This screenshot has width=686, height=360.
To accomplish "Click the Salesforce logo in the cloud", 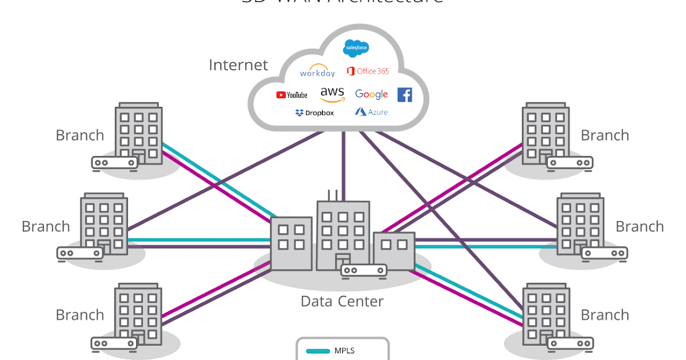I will click(356, 49).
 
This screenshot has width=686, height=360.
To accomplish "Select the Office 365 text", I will click(373, 71).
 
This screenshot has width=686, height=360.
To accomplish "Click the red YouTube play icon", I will click(281, 95).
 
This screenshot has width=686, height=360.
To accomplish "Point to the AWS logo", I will click(332, 94).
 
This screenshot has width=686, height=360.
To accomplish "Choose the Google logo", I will click(371, 94).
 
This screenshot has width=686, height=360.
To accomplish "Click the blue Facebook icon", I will click(405, 94).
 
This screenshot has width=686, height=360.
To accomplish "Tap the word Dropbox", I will click(320, 113).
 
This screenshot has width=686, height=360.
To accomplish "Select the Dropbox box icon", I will click(299, 113).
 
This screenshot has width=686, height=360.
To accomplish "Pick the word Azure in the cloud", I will click(378, 113).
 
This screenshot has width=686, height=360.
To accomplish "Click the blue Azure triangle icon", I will click(360, 112).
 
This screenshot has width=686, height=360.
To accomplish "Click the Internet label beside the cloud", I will click(238, 65).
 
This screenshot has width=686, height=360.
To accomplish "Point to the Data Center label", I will click(342, 301).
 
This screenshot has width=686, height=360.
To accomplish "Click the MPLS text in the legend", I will click(345, 350).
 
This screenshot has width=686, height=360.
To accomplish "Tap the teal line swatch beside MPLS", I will click(318, 351).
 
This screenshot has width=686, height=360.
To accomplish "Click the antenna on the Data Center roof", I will click(333, 195).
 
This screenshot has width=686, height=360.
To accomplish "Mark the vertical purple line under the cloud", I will click(344, 166).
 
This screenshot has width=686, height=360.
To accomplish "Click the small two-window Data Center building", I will click(394, 251).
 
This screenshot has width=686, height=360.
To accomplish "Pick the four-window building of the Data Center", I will click(291, 243).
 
